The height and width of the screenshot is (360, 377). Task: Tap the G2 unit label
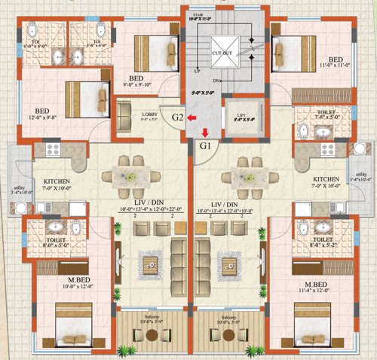[x=178, y=117]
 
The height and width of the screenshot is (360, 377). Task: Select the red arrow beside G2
[x=193, y=117]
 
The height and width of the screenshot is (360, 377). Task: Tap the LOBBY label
[x=149, y=115]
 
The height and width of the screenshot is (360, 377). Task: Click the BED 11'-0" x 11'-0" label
[x=336, y=63]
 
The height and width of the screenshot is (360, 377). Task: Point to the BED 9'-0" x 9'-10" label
[x=136, y=81]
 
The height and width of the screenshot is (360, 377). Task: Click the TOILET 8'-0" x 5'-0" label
[x=43, y=243]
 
